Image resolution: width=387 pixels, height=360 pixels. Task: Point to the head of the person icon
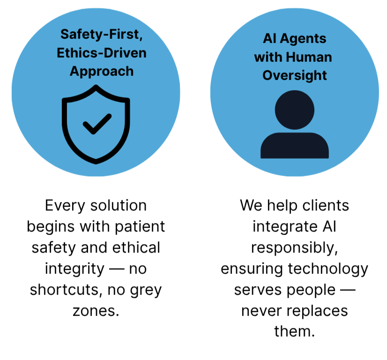coord(295,110)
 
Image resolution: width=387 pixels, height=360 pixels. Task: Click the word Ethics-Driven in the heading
coord(102,53)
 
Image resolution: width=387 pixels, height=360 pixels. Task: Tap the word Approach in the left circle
coord(102,71)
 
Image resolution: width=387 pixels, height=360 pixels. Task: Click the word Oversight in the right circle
coord(295,75)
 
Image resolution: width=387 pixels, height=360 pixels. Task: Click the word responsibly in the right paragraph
coord(295,248)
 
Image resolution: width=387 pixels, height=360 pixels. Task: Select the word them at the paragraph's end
coord(294,332)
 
